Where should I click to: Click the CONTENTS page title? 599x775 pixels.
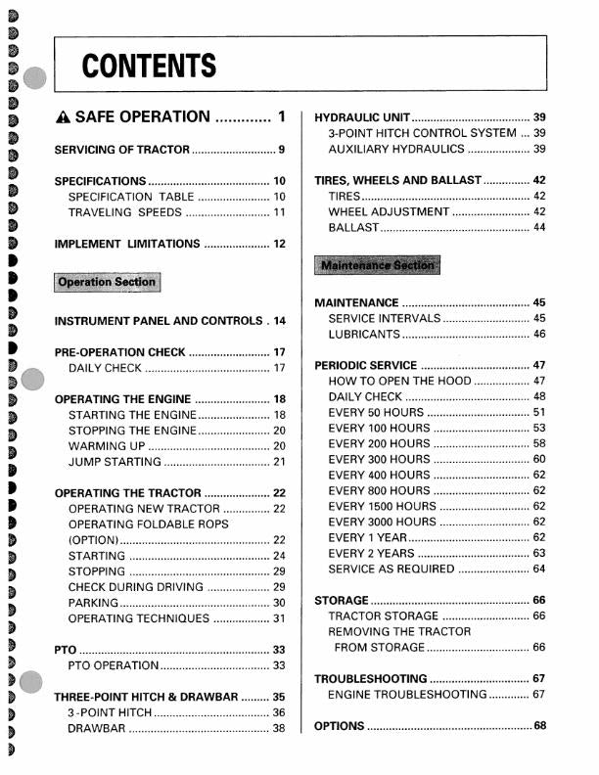(x=149, y=67)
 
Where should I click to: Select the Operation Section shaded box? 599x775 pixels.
(x=107, y=282)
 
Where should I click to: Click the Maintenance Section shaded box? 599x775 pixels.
(x=378, y=265)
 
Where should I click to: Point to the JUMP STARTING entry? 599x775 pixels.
(x=115, y=462)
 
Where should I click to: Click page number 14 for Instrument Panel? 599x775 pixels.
(x=279, y=321)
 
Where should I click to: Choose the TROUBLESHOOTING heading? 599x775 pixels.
(x=371, y=678)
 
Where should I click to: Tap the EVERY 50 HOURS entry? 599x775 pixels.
(x=378, y=412)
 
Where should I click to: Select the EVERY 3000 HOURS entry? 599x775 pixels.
(x=383, y=522)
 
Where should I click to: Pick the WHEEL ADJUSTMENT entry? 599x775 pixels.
(x=389, y=211)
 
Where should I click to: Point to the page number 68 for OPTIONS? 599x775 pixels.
(x=539, y=726)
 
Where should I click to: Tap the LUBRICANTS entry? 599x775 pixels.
(x=364, y=335)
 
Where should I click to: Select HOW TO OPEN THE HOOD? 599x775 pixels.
(x=400, y=381)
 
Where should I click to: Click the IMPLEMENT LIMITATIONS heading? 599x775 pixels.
(x=127, y=244)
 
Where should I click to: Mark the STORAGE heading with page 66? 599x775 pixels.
(x=342, y=600)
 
